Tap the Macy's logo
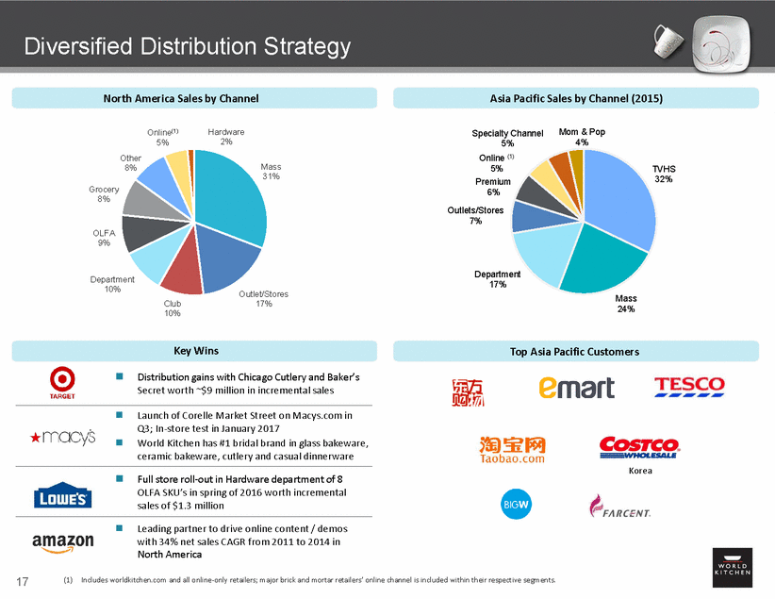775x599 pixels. (x=62, y=437)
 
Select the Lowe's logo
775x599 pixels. (x=63, y=496)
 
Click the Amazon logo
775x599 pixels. (x=63, y=541)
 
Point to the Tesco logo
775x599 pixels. (x=689, y=386)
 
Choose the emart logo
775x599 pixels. (x=576, y=387)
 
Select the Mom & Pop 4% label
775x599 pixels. (x=582, y=138)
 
